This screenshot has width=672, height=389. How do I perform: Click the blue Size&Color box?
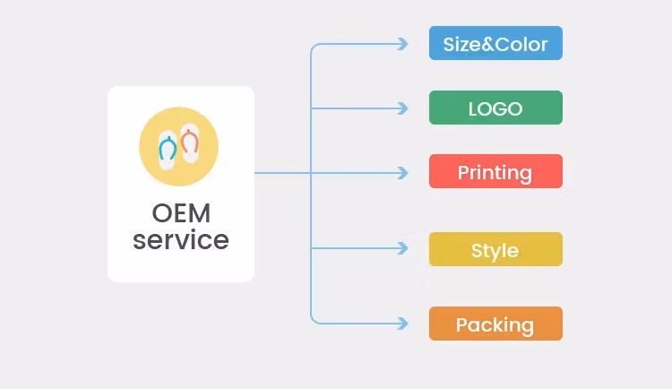(x=495, y=43)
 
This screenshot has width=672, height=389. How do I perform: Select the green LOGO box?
(x=495, y=108)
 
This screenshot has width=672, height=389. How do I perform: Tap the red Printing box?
(x=495, y=171)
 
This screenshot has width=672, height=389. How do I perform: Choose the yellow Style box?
(x=495, y=249)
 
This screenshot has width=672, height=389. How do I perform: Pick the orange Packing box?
(x=495, y=324)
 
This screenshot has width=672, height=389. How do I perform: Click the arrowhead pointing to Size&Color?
(x=403, y=43)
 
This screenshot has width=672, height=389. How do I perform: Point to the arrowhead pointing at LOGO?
(x=403, y=108)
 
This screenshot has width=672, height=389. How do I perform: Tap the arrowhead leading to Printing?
(x=403, y=172)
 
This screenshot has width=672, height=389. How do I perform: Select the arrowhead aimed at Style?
(x=403, y=248)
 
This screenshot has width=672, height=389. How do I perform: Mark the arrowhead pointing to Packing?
(x=403, y=324)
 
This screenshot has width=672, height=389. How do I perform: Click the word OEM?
(x=180, y=214)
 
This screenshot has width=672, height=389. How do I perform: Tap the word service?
(x=180, y=240)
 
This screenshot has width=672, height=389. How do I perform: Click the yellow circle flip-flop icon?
(x=179, y=146)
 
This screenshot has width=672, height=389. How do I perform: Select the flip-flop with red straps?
(x=189, y=143)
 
